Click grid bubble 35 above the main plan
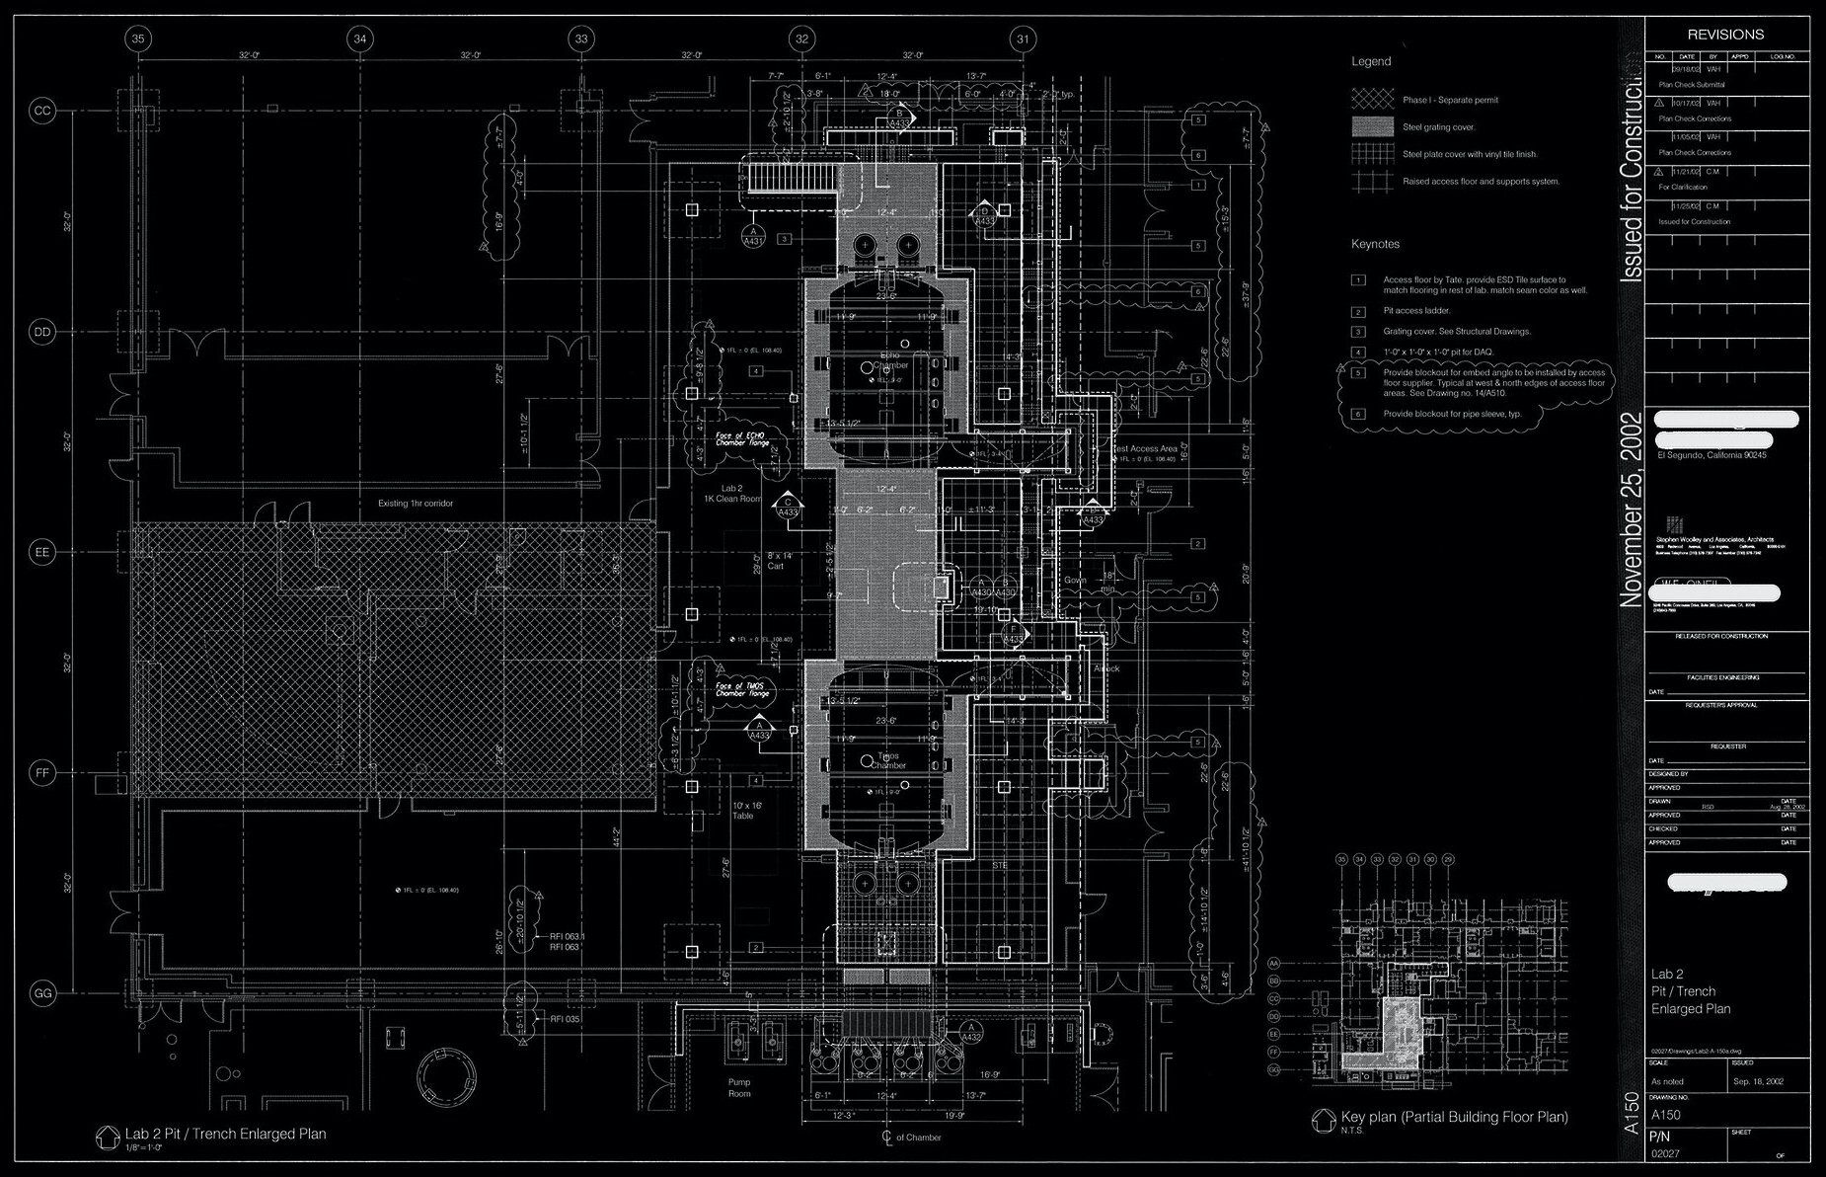pyautogui.click(x=139, y=39)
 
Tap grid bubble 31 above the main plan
pyautogui.click(x=1024, y=39)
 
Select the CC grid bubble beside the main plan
pyautogui.click(x=42, y=111)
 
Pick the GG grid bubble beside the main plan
pyautogui.click(x=42, y=993)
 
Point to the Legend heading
pyautogui.click(x=1371, y=61)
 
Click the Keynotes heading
pyautogui.click(x=1375, y=244)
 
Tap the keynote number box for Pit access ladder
pyautogui.click(x=1359, y=311)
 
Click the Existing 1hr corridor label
pyautogui.click(x=416, y=504)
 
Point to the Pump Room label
pyautogui.click(x=739, y=1087)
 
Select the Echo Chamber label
pyautogui.click(x=890, y=359)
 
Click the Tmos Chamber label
pyautogui.click(x=888, y=760)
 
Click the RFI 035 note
pyautogui.click(x=566, y=1018)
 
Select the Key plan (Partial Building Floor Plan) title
pyautogui.click(x=1454, y=1118)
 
